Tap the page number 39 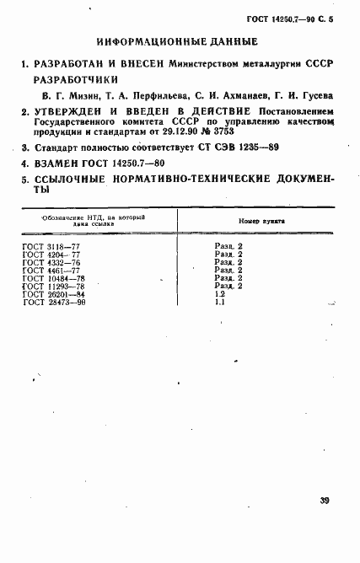(325, 500)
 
